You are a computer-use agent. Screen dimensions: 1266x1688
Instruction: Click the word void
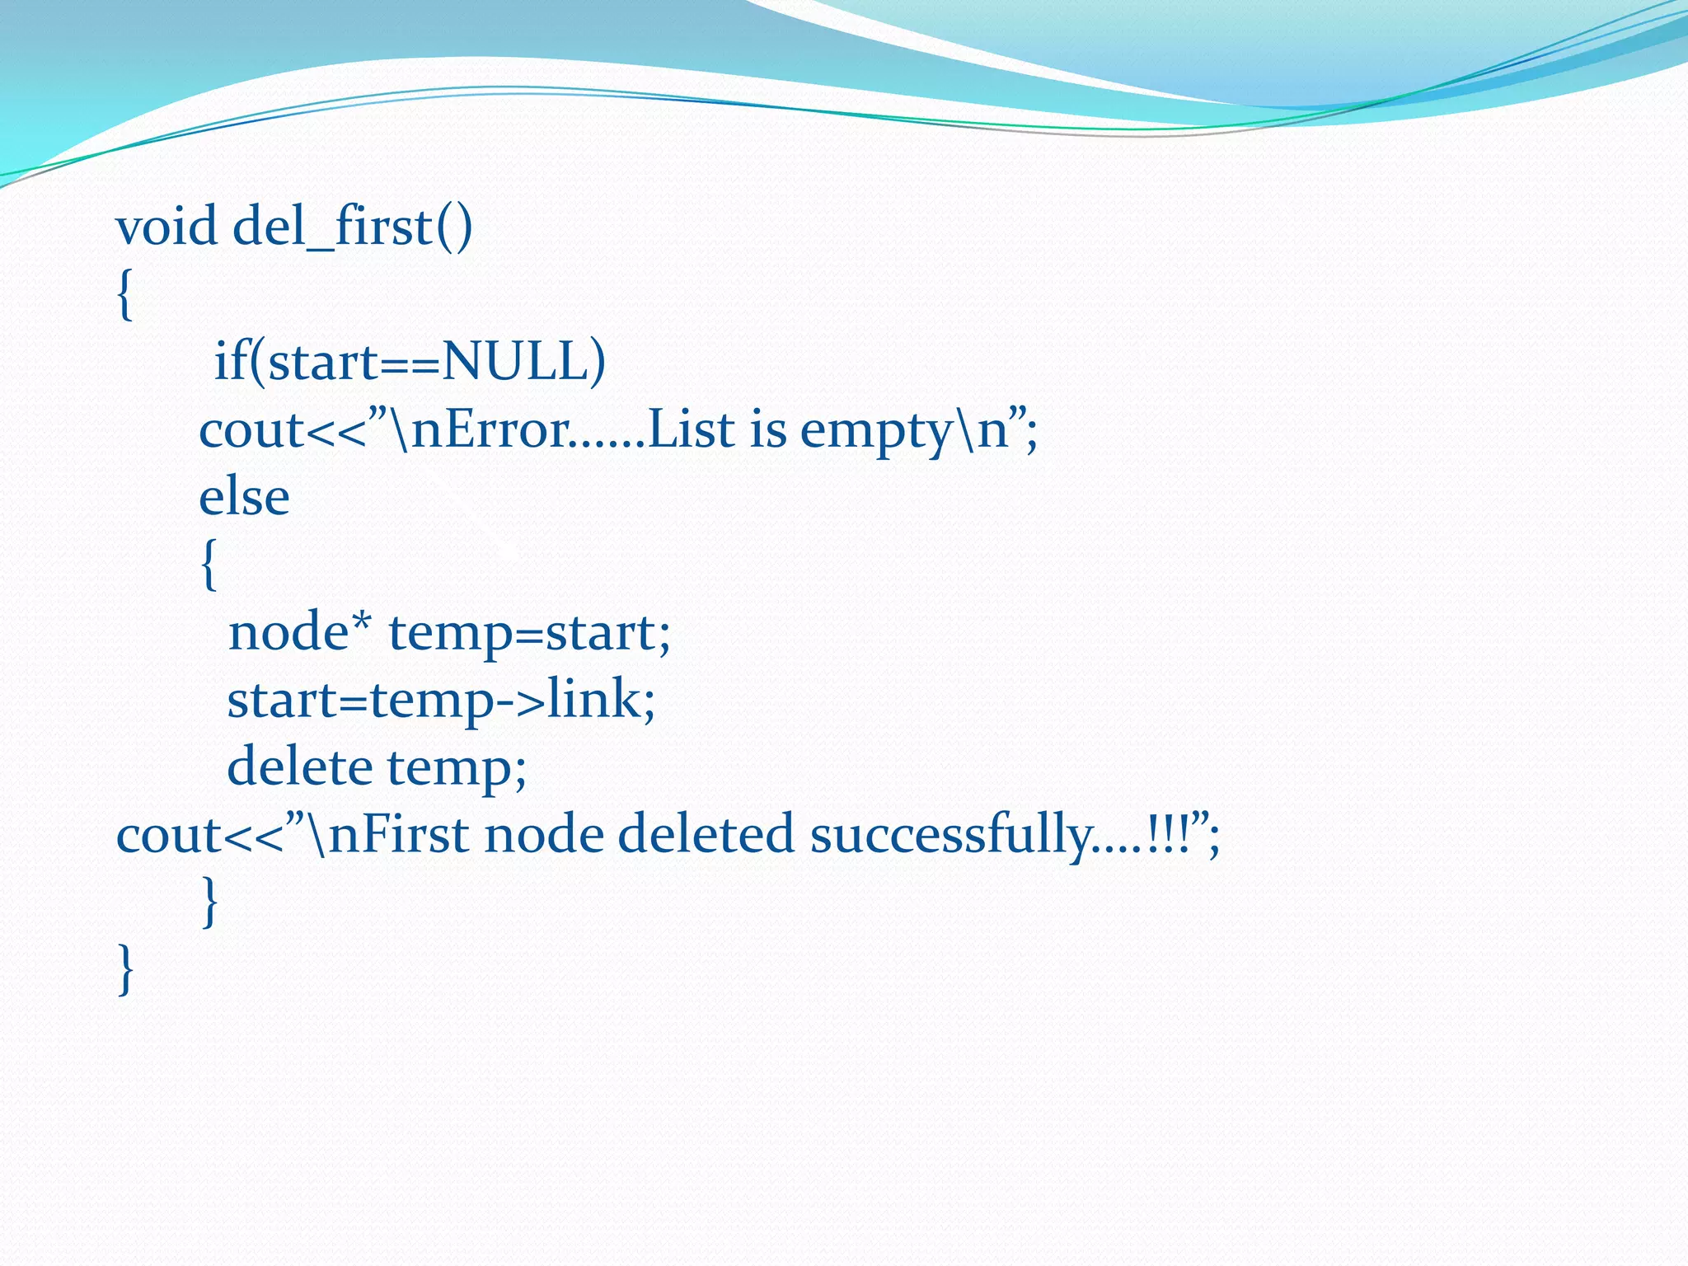(166, 227)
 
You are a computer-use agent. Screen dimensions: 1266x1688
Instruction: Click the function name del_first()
(353, 227)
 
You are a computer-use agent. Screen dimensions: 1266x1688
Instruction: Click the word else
(244, 497)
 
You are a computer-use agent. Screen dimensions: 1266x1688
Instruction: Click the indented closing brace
(210, 903)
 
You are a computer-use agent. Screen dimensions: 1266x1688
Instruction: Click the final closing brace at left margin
(125, 970)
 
